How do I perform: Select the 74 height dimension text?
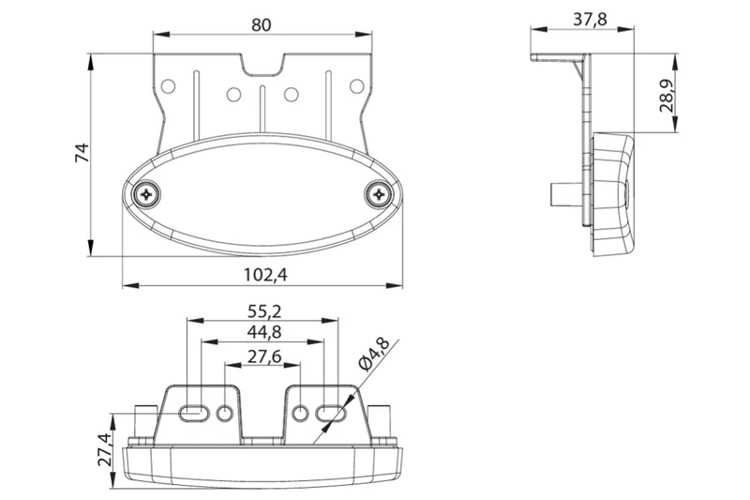coord(82,154)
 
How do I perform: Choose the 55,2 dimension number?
coord(263,310)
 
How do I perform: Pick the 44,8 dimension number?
coord(263,332)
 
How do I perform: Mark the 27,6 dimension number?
coord(263,356)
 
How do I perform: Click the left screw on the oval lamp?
coord(148,194)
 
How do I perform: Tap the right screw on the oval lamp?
coord(378,194)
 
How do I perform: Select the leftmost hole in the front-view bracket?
coord(169,86)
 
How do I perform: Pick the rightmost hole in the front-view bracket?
coord(356,86)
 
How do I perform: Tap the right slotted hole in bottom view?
coord(331,412)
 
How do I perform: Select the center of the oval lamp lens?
coord(263,194)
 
